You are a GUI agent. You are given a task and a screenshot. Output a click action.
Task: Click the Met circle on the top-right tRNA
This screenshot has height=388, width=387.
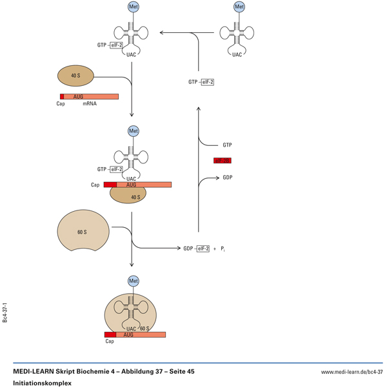239,7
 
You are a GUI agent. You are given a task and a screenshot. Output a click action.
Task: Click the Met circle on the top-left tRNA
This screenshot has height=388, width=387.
134,7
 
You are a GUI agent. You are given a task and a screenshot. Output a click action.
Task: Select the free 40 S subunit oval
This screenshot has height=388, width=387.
76,76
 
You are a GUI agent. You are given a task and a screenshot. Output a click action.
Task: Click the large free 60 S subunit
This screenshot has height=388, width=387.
83,230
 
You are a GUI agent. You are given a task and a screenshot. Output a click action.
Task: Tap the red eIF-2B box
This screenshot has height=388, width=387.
222,160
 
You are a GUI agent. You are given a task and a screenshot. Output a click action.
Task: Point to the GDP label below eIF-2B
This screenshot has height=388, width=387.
228,177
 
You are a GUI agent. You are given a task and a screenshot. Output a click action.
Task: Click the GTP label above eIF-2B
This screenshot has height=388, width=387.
227,145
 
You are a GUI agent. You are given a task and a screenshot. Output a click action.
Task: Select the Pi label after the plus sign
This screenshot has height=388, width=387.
223,249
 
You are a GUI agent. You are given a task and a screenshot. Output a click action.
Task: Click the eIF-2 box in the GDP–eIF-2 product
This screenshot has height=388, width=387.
203,248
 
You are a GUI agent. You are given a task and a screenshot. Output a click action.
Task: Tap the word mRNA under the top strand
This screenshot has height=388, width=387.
90,103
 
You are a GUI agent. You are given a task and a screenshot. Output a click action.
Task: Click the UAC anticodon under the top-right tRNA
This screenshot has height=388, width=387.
237,55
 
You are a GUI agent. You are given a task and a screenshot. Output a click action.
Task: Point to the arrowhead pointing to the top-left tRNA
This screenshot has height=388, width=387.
161,32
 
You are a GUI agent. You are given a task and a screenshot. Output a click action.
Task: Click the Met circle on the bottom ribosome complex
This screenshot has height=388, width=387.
134,281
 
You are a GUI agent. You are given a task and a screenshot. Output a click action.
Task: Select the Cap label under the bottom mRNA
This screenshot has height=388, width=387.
110,342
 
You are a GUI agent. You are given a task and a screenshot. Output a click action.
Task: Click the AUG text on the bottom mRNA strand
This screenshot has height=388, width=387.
128,335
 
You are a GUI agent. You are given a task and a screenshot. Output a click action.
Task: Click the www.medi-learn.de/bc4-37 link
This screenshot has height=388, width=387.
352,372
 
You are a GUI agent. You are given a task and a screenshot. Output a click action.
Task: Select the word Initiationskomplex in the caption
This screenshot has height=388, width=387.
42,383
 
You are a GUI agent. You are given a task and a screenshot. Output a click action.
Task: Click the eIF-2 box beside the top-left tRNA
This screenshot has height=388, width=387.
116,45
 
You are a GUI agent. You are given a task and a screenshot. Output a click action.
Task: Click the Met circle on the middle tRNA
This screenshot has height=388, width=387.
134,131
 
